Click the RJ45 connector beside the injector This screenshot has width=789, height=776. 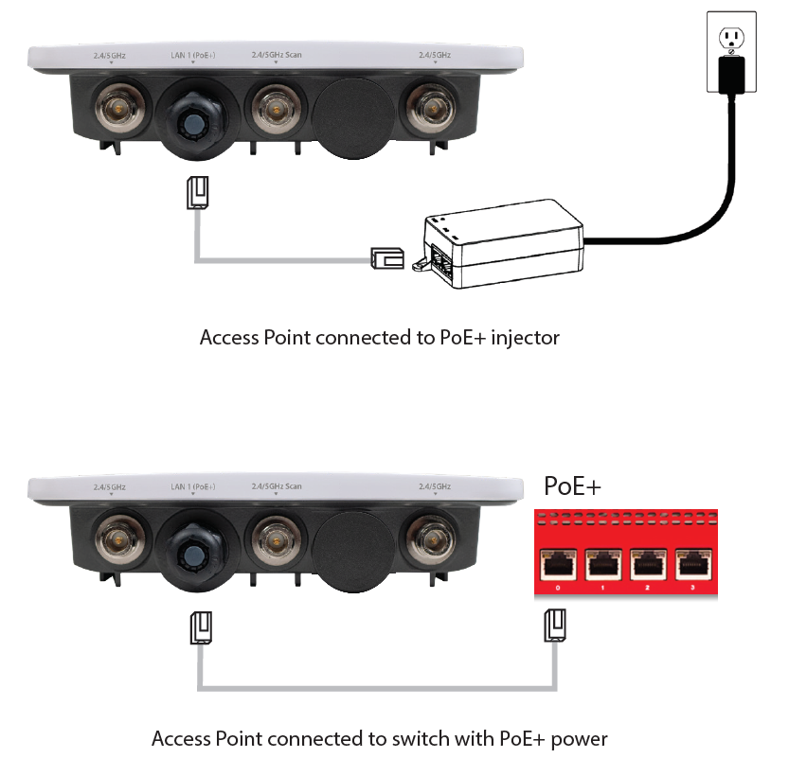387,257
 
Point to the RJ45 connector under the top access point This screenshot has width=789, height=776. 198,192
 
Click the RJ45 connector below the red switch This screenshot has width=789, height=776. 554,626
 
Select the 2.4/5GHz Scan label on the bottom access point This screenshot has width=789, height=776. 276,486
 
